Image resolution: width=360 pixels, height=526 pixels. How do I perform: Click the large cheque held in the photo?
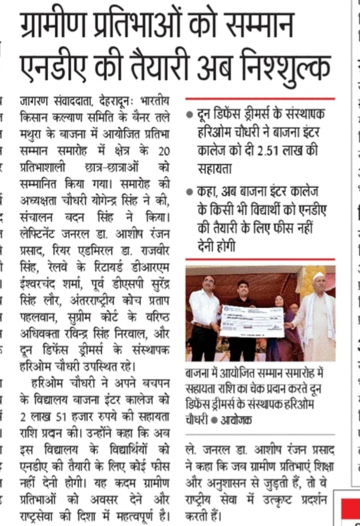252,321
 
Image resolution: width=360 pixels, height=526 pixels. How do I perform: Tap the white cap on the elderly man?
319,276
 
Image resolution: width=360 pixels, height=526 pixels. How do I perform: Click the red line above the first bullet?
260,98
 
